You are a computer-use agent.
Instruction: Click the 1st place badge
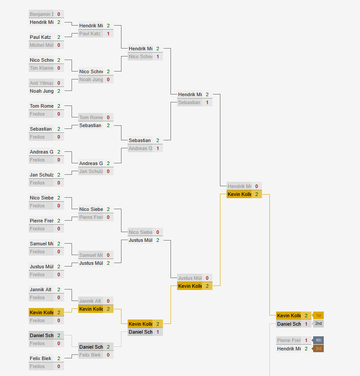(x=318, y=316)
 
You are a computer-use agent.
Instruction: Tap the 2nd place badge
(x=318, y=323)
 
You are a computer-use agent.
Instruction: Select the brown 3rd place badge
(x=318, y=349)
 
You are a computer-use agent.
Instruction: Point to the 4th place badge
(x=318, y=340)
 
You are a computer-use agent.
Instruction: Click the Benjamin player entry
(x=42, y=14)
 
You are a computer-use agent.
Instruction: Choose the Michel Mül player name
(x=42, y=45)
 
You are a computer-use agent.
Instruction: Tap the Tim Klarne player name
(x=42, y=68)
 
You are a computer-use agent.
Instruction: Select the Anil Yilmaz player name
(x=42, y=83)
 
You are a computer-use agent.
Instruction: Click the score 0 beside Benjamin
(x=59, y=14)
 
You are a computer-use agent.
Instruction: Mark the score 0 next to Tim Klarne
(x=59, y=68)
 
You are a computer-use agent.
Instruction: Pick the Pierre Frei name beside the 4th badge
(x=289, y=340)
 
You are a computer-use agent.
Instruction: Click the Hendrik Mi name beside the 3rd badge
(x=289, y=349)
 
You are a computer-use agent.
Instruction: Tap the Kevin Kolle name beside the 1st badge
(x=289, y=316)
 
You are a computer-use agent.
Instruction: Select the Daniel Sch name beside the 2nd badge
(x=289, y=324)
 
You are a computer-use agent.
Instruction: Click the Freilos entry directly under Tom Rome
(x=42, y=114)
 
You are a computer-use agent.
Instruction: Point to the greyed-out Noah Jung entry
(x=91, y=79)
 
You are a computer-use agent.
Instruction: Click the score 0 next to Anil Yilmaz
(x=59, y=83)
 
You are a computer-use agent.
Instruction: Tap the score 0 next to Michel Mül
(x=59, y=45)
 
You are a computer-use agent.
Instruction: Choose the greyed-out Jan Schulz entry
(x=91, y=171)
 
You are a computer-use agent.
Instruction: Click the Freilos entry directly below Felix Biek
(x=42, y=366)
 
